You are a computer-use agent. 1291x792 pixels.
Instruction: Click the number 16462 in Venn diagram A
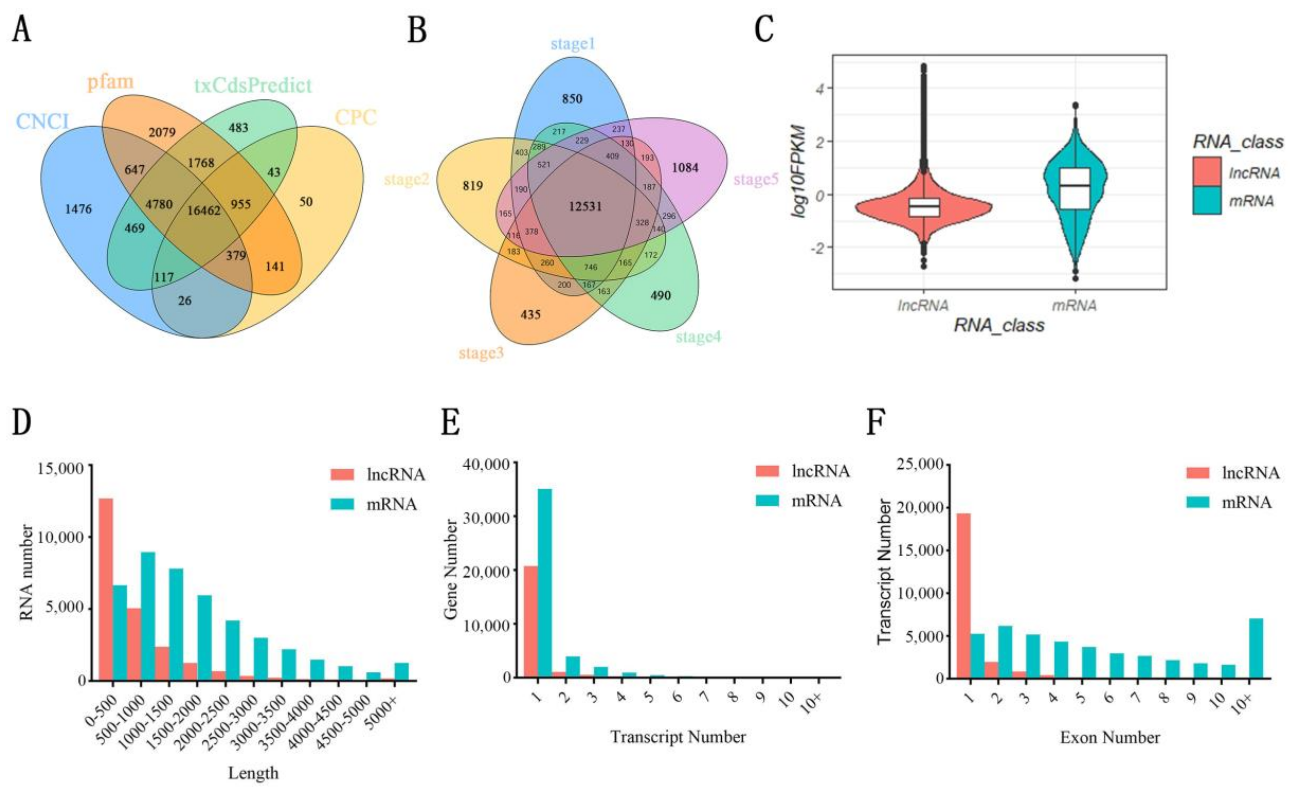[204, 211]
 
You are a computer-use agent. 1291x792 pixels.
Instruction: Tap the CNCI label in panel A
[42, 122]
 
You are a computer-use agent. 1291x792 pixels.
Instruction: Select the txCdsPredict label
[253, 85]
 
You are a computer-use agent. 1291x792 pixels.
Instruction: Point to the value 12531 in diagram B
[585, 206]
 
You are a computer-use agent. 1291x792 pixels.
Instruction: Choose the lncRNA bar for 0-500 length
[106, 589]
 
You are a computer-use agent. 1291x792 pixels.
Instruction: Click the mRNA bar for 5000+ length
[401, 671]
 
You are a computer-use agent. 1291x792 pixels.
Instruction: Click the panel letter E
[450, 423]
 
